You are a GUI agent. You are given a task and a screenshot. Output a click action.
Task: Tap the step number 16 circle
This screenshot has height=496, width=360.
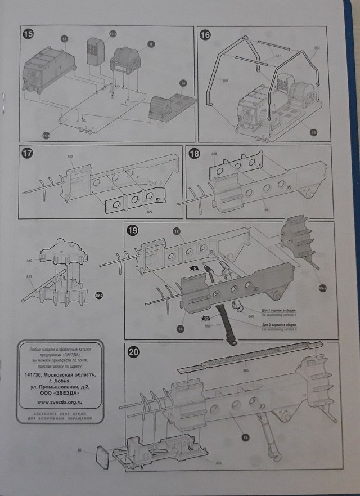coord(205,35)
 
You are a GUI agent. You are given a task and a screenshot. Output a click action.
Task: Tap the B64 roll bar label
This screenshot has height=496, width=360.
coord(226,81)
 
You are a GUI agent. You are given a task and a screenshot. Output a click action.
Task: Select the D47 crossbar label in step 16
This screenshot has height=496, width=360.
coord(277,56)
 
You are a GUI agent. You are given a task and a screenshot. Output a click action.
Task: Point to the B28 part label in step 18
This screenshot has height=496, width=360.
coord(214,153)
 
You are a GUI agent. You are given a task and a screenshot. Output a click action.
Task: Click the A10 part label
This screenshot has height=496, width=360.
coord(29,261)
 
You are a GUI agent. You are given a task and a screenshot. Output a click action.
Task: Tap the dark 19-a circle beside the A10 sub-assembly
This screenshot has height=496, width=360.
coord(99,295)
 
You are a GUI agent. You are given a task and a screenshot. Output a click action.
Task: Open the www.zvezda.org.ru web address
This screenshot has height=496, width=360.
coord(60,403)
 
